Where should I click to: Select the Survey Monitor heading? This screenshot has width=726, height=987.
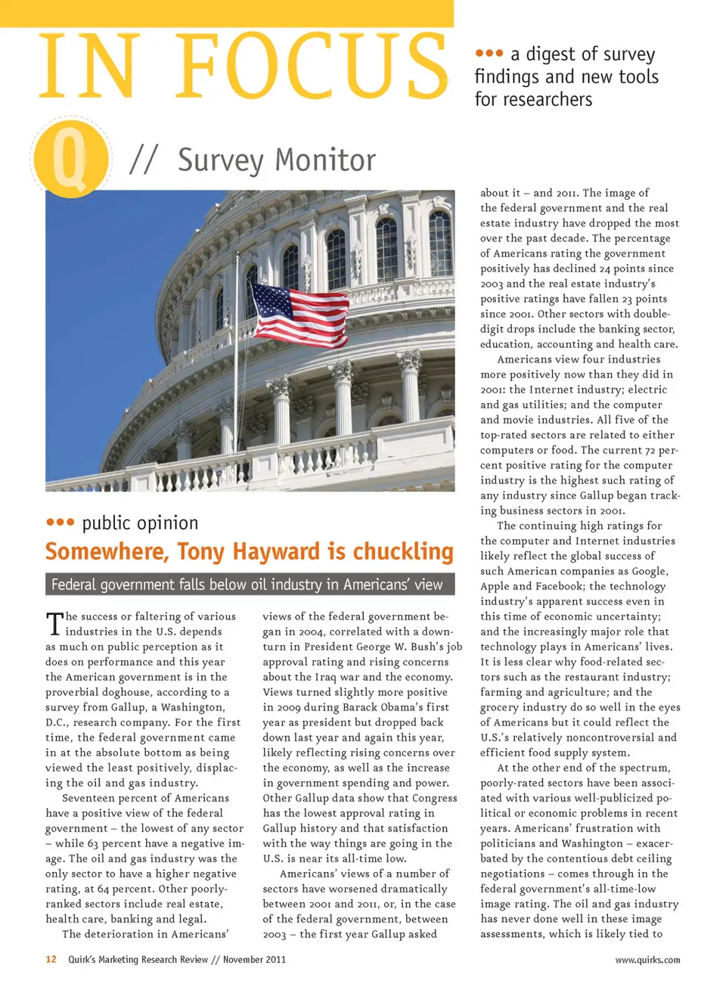(x=276, y=160)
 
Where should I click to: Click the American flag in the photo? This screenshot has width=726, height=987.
(x=299, y=313)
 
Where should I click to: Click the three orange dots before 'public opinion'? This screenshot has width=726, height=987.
(x=60, y=522)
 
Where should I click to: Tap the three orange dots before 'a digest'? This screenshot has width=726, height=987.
(x=489, y=53)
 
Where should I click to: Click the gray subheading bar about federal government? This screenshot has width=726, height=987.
(x=250, y=584)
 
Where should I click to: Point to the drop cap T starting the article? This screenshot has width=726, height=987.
(x=54, y=623)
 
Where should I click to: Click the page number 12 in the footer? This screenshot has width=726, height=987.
(x=51, y=959)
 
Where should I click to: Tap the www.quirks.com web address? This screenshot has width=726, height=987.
(x=647, y=960)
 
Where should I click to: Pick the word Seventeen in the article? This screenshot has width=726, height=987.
(x=94, y=798)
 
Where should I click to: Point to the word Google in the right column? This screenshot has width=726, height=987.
(x=650, y=571)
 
